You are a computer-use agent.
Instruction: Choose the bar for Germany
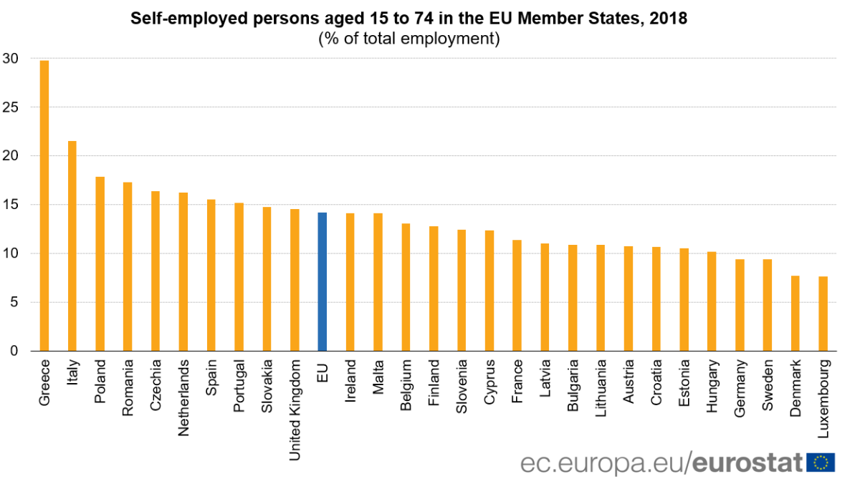pos(740,305)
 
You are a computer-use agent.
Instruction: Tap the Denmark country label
pos(795,389)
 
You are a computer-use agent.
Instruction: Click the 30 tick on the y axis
pos(11,58)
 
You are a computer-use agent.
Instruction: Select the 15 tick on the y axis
pos(11,205)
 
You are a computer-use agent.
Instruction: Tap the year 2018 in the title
pos(669,19)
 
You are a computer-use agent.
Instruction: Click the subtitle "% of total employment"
pos(408,39)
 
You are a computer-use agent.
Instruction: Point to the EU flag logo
pos(821,463)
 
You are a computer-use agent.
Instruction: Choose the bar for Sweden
pos(768,305)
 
